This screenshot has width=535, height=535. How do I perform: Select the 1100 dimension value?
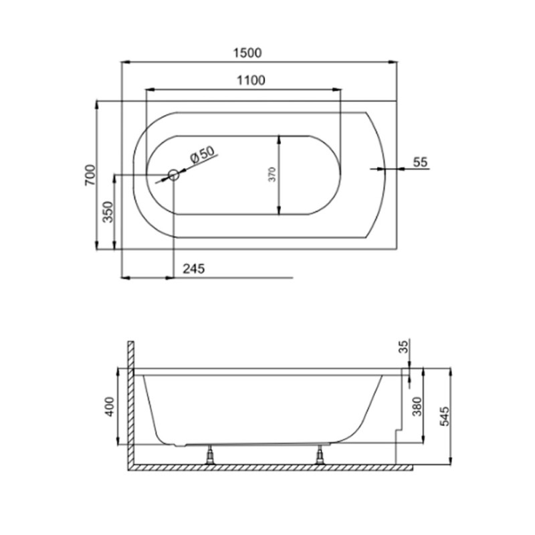coord(250,80)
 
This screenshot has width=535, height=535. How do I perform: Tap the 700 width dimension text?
coord(90,175)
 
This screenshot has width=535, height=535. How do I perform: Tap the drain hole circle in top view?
coord(173,175)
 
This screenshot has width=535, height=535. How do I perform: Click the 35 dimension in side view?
coord(403,346)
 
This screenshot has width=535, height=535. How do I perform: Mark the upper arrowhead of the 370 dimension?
coord(279,138)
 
